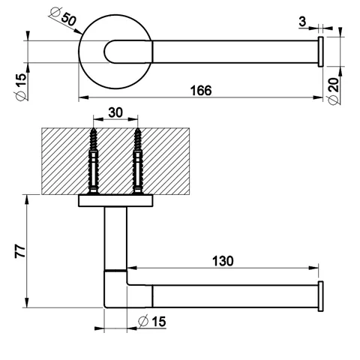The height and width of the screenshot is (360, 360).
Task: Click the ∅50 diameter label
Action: point(63,16)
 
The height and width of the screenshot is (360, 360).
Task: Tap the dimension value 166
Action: point(201,91)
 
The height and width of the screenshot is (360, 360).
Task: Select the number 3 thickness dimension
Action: point(302,22)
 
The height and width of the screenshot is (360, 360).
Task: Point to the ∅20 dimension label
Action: point(334,91)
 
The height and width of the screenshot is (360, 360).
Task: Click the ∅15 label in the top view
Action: point(21,87)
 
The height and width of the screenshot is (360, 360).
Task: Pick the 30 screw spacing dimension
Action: point(115,112)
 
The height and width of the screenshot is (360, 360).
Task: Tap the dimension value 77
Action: point(20,251)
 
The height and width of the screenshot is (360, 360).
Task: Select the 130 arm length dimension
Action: point(223,261)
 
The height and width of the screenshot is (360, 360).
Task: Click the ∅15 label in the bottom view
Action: point(151,321)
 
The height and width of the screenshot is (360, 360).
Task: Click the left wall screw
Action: point(94,161)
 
